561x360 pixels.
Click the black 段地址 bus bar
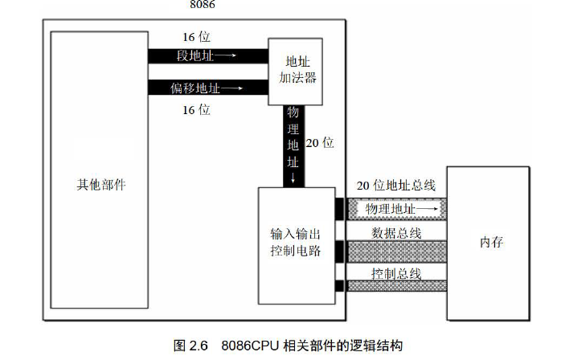[x=207, y=55]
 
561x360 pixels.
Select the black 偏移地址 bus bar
[x=207, y=86]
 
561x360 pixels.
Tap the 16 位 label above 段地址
[x=196, y=37]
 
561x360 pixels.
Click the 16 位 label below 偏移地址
[x=196, y=109]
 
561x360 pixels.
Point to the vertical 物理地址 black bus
[x=293, y=145]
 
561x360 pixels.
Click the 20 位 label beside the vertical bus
[x=320, y=143]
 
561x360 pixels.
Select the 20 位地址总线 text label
[x=395, y=185]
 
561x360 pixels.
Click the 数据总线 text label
[x=396, y=234]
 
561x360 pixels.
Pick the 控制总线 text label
[x=396, y=273]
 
